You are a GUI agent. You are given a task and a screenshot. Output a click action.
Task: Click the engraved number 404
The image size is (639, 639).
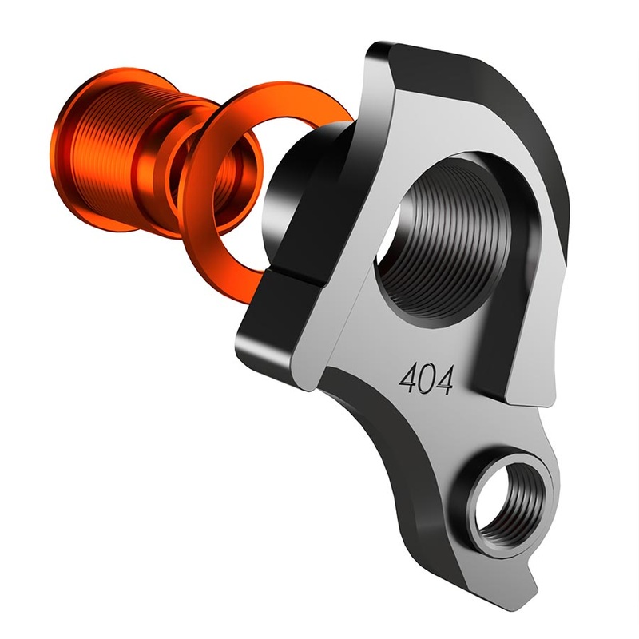(427, 378)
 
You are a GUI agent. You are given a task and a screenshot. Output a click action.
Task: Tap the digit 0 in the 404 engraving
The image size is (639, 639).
(427, 378)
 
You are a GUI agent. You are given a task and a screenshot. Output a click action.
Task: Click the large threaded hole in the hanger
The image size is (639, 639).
(435, 244)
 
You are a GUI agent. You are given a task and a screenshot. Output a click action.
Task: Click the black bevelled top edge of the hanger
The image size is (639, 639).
(511, 112)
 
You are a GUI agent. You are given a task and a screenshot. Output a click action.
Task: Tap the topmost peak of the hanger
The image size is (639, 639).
(379, 52)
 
